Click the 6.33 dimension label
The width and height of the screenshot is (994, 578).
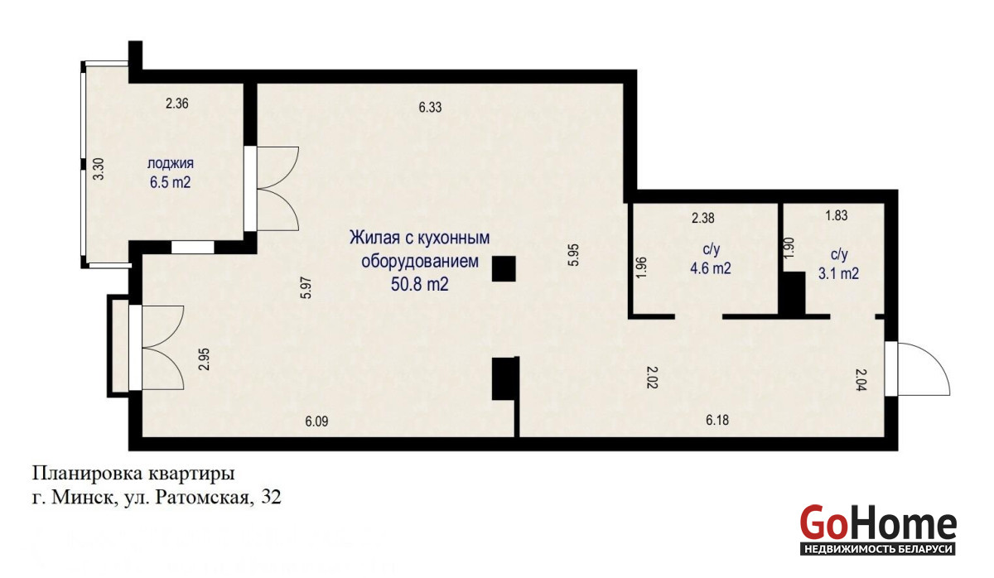tap(430, 108)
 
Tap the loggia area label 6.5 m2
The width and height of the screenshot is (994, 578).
tap(170, 182)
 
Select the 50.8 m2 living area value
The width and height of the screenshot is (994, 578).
tap(419, 284)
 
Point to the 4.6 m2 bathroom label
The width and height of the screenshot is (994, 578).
tap(710, 268)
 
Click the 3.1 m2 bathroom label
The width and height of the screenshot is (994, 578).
tap(838, 273)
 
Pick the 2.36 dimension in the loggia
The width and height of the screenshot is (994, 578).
tap(177, 104)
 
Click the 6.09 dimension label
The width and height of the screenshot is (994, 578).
tap(316, 421)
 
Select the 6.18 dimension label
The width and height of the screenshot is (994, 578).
tap(717, 420)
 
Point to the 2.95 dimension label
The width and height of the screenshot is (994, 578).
tap(204, 359)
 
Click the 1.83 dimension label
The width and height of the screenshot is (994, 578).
tap(836, 215)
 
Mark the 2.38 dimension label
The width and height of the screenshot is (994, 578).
tap(703, 219)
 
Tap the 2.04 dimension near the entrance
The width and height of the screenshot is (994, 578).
tap(861, 380)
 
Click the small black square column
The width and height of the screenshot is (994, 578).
tap(504, 268)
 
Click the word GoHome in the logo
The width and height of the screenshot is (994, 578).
tap(878, 523)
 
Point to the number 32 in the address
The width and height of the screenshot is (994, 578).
tap(271, 498)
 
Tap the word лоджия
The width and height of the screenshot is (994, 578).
tap(171, 163)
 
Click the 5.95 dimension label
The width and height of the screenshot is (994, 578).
tap(574, 254)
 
